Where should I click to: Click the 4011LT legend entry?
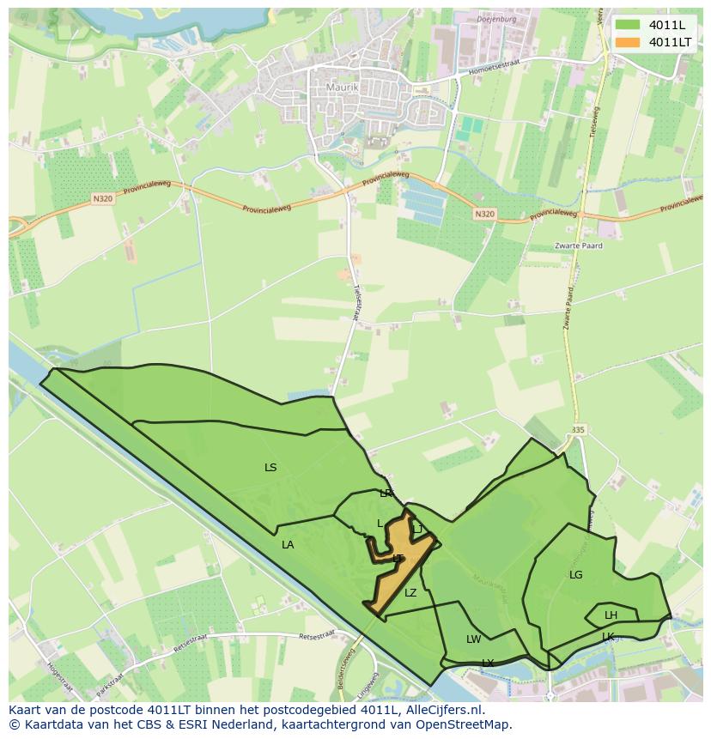(x=670, y=42)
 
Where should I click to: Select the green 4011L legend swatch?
(x=628, y=25)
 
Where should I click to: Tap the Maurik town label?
(x=341, y=87)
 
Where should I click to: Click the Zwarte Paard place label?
(x=579, y=245)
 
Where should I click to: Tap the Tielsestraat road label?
(x=355, y=301)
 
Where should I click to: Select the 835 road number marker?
(x=576, y=428)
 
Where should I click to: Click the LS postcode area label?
(x=270, y=468)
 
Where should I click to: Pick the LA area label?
(x=288, y=544)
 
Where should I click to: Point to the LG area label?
(x=575, y=574)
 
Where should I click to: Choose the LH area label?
(x=611, y=615)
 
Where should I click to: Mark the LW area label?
(x=473, y=639)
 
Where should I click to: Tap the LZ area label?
(x=410, y=592)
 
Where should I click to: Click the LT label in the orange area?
(x=398, y=559)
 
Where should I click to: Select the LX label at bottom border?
(x=488, y=663)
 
